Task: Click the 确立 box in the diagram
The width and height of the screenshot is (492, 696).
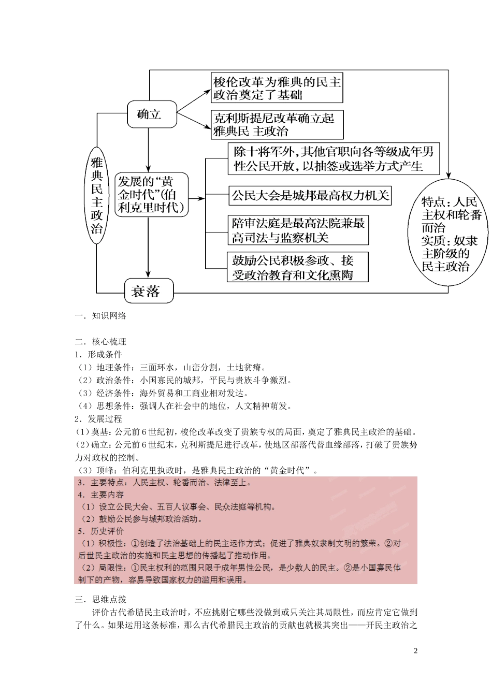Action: pos(152,114)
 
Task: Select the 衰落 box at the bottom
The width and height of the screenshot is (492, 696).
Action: pos(149,291)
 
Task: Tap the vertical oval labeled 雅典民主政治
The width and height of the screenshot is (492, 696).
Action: pos(97,196)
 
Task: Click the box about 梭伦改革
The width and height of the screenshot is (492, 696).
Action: pos(277,88)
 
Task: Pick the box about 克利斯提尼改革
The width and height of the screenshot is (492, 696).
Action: pos(277,125)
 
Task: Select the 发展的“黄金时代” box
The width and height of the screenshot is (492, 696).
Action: pos(151,195)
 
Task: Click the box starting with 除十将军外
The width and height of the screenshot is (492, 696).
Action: pos(334,158)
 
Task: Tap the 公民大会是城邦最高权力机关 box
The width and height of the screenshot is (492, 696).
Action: pos(310,196)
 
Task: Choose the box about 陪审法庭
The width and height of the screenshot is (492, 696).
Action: pos(298,230)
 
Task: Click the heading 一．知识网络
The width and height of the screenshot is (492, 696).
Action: pos(101,315)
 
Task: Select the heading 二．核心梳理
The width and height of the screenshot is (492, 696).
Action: pos(101,341)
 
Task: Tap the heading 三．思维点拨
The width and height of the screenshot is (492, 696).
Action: pos(101,599)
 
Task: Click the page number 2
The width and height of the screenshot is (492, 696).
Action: pos(416,651)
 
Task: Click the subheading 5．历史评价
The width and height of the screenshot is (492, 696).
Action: pos(101,531)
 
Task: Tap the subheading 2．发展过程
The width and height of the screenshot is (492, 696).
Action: pos(98,419)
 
